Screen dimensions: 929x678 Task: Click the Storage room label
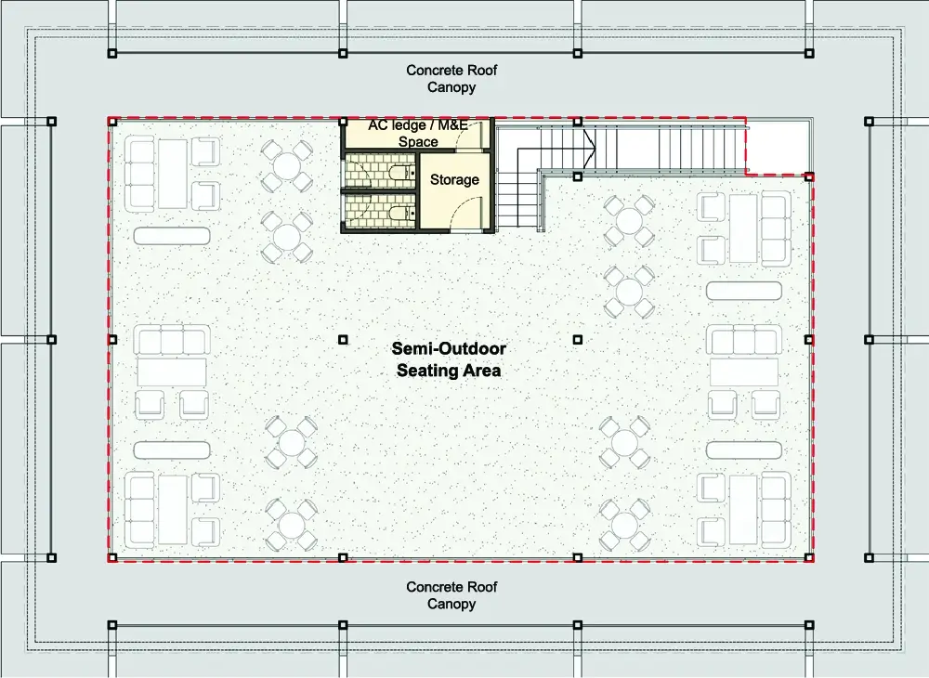tap(454, 179)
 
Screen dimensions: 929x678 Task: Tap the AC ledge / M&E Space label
tap(418, 133)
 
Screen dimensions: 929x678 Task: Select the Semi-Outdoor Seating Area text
tap(449, 359)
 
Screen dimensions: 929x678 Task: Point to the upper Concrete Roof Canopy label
tap(451, 79)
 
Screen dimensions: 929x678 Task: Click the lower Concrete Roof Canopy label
tap(451, 595)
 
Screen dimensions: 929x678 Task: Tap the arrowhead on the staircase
tap(589, 148)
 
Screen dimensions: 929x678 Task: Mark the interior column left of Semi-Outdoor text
tap(343, 339)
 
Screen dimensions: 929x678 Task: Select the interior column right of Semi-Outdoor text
tap(578, 339)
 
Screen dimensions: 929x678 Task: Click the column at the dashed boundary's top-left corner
tap(112, 122)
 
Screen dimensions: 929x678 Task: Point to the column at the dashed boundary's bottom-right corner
tap(809, 557)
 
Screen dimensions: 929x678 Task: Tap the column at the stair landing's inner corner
tap(578, 176)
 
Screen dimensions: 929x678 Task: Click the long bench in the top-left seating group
tap(172, 236)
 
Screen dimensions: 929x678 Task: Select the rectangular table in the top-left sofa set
tap(173, 174)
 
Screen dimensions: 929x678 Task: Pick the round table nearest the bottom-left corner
tap(291, 525)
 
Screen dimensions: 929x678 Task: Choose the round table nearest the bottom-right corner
tap(624, 525)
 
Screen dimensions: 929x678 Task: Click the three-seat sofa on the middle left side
tap(172, 340)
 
